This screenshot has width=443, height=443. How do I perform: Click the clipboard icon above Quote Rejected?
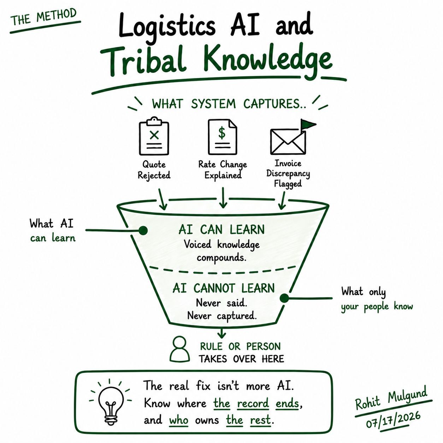[x=154, y=136]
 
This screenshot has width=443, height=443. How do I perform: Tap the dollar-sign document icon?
[x=222, y=137]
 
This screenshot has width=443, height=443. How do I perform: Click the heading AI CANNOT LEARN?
[x=224, y=288]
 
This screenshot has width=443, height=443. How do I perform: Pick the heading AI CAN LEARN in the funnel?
[x=221, y=229]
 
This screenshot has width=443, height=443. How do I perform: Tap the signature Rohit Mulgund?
[x=391, y=396]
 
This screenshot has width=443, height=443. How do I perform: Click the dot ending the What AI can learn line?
[x=143, y=230]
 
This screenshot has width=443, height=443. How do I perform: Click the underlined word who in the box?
[x=179, y=420]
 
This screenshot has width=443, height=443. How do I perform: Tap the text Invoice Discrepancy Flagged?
[x=288, y=173]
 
